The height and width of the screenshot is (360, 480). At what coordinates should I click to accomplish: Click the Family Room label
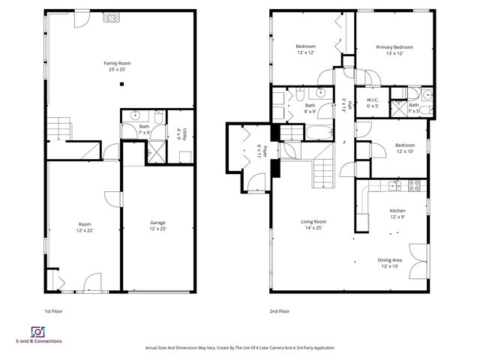click(116, 66)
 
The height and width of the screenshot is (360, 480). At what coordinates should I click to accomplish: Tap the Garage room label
click(157, 225)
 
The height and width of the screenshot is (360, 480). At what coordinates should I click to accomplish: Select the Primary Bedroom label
click(394, 49)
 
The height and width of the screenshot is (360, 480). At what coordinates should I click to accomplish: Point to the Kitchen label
click(397, 214)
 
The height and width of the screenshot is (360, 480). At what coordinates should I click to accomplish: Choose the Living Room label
click(313, 224)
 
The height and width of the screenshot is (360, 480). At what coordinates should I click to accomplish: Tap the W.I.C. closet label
click(372, 103)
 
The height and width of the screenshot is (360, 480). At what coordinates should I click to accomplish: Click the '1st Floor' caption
click(53, 310)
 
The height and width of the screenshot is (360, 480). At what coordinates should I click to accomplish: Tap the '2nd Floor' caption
click(279, 310)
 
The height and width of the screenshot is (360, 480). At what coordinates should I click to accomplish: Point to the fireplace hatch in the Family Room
click(111, 16)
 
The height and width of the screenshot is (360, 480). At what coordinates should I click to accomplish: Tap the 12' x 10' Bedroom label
click(405, 147)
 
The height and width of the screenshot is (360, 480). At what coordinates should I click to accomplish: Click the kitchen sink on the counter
click(396, 184)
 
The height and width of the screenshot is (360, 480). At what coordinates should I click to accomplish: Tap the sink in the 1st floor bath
click(136, 115)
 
